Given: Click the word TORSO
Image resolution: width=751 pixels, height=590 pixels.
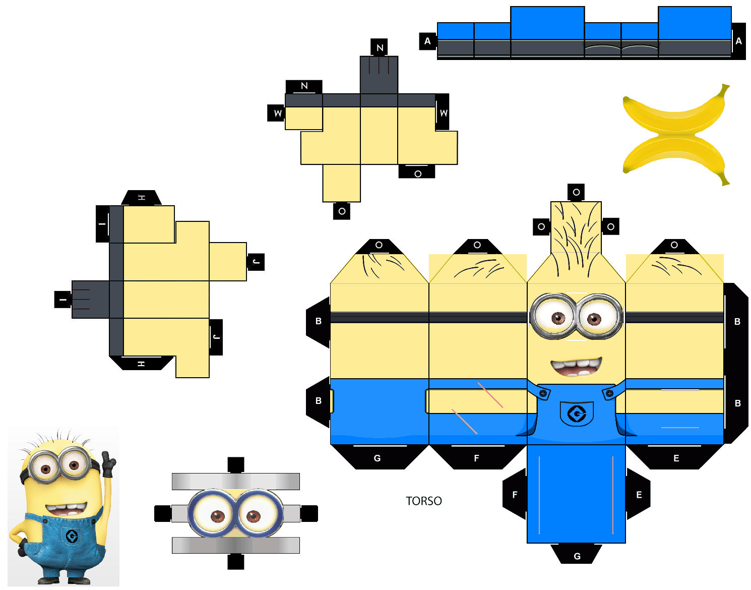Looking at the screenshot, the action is [424, 501].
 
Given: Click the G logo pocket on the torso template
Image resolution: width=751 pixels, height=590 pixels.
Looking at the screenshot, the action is [577, 414].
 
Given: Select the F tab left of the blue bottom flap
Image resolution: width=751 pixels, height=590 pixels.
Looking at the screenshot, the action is [515, 494].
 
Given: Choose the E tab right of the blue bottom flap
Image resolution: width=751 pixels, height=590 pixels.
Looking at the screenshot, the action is [638, 494].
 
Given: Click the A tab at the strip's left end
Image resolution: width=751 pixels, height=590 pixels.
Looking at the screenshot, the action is [427, 41].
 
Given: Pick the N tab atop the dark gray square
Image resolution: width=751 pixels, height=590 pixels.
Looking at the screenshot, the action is [379, 47].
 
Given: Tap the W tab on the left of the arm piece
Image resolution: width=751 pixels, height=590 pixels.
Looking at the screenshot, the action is [276, 113].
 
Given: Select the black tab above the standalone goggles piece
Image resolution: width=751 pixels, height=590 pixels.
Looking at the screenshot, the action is [236, 465].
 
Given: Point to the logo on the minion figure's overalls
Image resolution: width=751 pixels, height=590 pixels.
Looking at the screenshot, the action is [72, 536].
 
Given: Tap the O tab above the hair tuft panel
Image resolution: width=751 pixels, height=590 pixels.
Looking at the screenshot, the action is [576, 192].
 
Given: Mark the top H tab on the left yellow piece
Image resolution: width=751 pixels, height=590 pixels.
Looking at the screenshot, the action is [141, 197].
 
